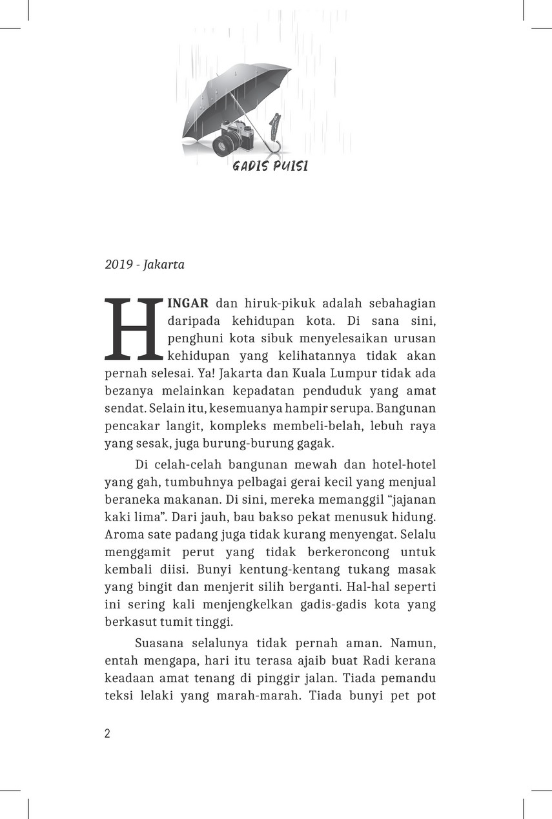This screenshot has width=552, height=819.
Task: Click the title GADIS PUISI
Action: [270, 167]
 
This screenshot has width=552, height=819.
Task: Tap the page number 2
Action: [107, 734]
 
